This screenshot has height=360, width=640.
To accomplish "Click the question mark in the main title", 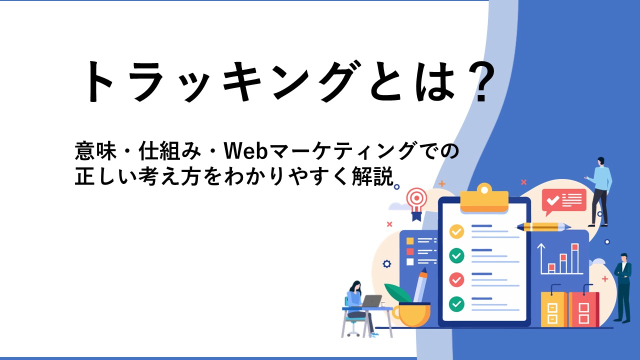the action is pos(483,81).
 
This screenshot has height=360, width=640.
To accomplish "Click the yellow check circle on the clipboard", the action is pos(456,231).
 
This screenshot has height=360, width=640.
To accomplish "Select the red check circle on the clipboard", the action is pos(456,279).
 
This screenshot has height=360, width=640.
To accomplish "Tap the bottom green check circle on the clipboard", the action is pos(456,303).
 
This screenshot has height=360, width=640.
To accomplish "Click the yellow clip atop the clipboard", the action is pos(484,198).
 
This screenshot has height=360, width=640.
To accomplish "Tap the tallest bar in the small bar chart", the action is pos(575,258).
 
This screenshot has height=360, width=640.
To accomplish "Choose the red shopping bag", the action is pos(583,309).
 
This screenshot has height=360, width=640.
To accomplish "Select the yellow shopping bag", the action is pos(553,309).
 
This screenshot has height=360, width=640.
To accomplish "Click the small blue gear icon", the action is pos(386,263).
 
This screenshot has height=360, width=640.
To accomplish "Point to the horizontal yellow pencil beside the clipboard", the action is pos(543,227).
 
